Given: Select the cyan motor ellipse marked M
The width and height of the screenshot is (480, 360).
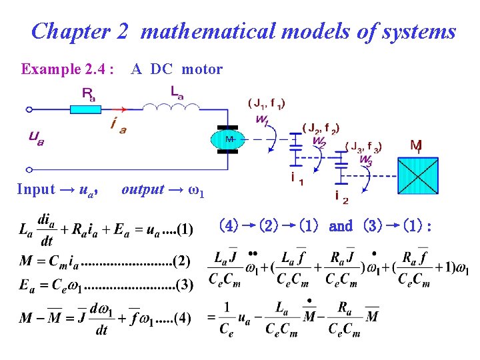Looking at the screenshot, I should coord(228,139).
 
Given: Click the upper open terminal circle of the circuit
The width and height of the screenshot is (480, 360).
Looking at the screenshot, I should coord(29,109).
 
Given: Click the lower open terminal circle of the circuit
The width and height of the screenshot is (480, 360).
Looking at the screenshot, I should coord(29,169).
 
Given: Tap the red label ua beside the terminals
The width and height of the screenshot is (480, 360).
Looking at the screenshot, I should coord(36,138).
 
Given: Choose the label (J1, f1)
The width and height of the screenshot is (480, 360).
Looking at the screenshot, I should coord(267,103).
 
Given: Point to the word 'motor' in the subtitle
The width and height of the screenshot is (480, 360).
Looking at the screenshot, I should coord(202,69).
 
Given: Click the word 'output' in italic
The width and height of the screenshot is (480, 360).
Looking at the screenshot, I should coord(143,189).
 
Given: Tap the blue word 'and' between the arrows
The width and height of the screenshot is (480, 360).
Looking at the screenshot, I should coord(341,226).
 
